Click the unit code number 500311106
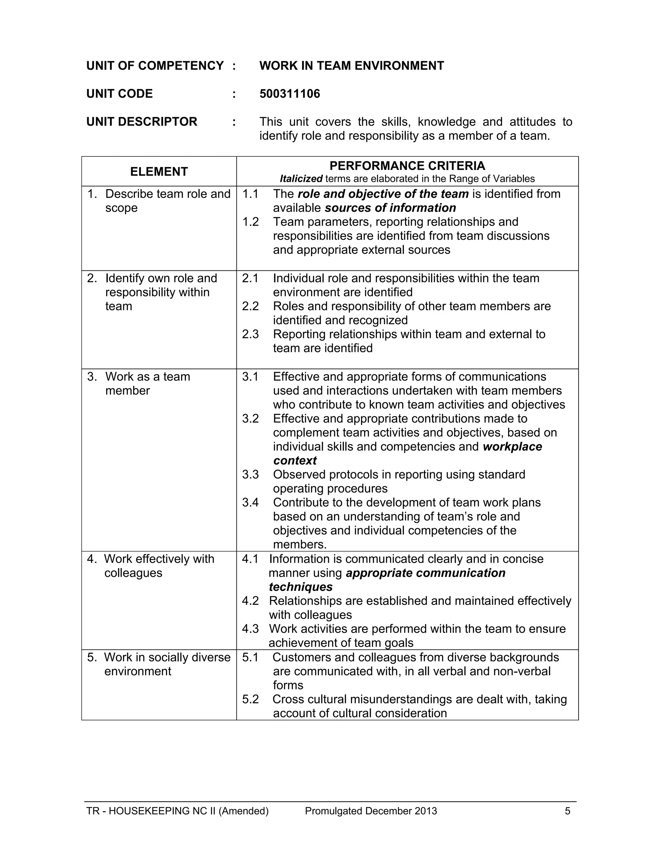tap(290, 94)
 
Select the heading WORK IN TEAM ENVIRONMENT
tap(351, 66)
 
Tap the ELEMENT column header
tap(159, 172)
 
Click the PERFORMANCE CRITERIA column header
tap(407, 166)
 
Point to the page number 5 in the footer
tap(567, 811)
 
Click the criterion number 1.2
tap(250, 222)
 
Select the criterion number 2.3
tap(250, 334)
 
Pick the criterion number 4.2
tap(250, 601)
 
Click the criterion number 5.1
tap(250, 657)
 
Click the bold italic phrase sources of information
tap(390, 208)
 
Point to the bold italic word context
tap(295, 461)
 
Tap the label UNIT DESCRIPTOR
tap(142, 122)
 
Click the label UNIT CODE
tap(119, 94)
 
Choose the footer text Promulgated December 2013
tap(371, 811)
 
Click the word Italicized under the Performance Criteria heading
tap(301, 179)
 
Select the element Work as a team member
tap(148, 384)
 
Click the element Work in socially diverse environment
tap(167, 664)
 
